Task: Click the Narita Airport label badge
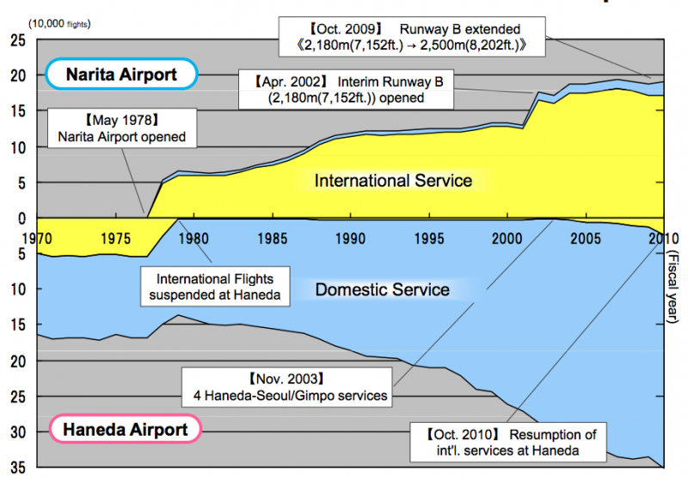(121, 74)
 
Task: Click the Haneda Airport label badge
(125, 429)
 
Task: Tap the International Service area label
(393, 181)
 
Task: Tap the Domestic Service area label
(382, 289)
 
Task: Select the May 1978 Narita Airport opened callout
(122, 128)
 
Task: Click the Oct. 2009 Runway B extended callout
(412, 37)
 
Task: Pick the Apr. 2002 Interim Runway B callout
(347, 90)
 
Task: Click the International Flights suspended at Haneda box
(215, 287)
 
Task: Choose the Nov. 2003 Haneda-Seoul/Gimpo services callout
(287, 387)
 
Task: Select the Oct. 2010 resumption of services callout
(508, 443)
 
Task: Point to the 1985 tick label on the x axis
(273, 238)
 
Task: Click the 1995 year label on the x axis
(429, 238)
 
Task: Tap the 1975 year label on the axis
(116, 238)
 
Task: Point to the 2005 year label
(586, 238)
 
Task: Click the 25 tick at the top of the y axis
(18, 40)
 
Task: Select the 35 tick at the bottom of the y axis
(18, 468)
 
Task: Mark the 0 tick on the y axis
(22, 219)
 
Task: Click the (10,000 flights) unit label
(59, 24)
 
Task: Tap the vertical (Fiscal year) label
(672, 287)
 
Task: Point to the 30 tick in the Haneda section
(18, 432)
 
